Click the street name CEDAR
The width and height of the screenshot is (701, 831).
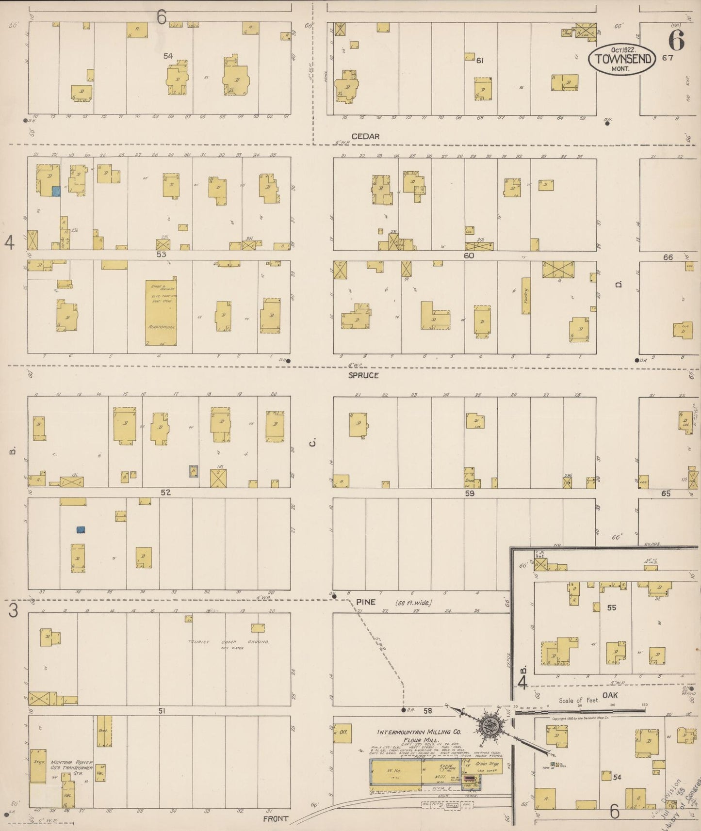coord(365,136)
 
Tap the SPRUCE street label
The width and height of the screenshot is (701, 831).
coord(363,375)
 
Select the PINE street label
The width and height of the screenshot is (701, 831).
coord(367,602)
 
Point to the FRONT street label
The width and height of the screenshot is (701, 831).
coord(276,818)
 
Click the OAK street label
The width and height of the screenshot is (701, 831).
coord(610,695)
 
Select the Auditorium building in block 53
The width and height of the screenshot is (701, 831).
coord(161,312)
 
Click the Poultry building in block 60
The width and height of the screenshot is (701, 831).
coord(526,296)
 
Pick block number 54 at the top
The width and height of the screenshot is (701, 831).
coord(168,56)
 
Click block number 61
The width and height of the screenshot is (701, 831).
coord(480,61)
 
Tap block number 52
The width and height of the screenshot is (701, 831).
coord(166,492)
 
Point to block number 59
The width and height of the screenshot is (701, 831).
coord(469,494)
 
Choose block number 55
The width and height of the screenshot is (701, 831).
coord(612,607)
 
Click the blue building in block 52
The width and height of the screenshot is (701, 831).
coord(81,529)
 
